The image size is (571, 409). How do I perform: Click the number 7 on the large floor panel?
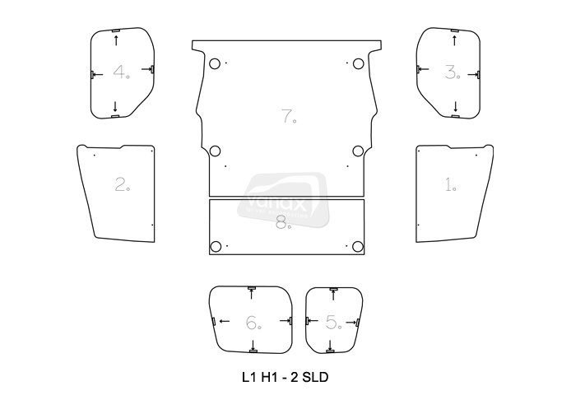[287, 116]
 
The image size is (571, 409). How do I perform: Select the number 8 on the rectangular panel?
[282, 222]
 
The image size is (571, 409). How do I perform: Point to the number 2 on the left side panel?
[122, 184]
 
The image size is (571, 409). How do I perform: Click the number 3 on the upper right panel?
[450, 72]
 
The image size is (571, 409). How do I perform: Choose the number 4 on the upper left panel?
[121, 72]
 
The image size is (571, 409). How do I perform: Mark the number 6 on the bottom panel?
[251, 323]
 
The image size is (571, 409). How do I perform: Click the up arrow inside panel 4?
[115, 40]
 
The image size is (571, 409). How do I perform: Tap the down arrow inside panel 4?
[115, 105]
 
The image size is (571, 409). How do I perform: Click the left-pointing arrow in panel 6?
[222, 320]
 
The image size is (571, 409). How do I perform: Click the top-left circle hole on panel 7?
[216, 64]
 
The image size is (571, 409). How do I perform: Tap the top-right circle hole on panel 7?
[358, 64]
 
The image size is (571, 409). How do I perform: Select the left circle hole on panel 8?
[216, 247]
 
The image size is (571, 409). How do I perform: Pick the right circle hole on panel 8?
[358, 247]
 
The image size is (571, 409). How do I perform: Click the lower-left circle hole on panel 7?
[216, 151]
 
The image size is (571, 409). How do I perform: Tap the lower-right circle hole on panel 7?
[358, 151]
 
